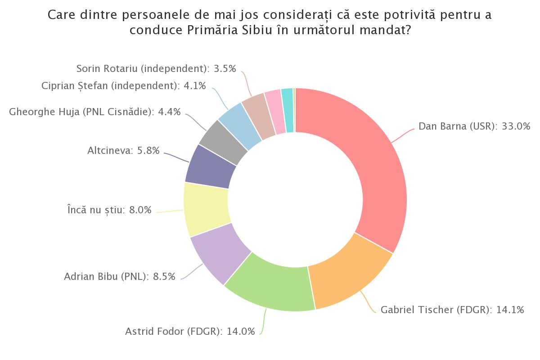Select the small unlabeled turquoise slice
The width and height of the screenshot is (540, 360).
click(x=288, y=110)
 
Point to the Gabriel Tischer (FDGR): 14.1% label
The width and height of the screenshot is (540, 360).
click(x=452, y=310)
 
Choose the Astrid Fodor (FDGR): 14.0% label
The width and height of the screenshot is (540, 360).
click(x=190, y=332)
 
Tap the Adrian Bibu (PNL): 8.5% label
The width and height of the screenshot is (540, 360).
click(x=120, y=276)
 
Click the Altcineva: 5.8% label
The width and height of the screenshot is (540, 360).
click(x=123, y=151)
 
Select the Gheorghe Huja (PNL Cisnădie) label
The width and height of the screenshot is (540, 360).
click(x=94, y=112)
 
